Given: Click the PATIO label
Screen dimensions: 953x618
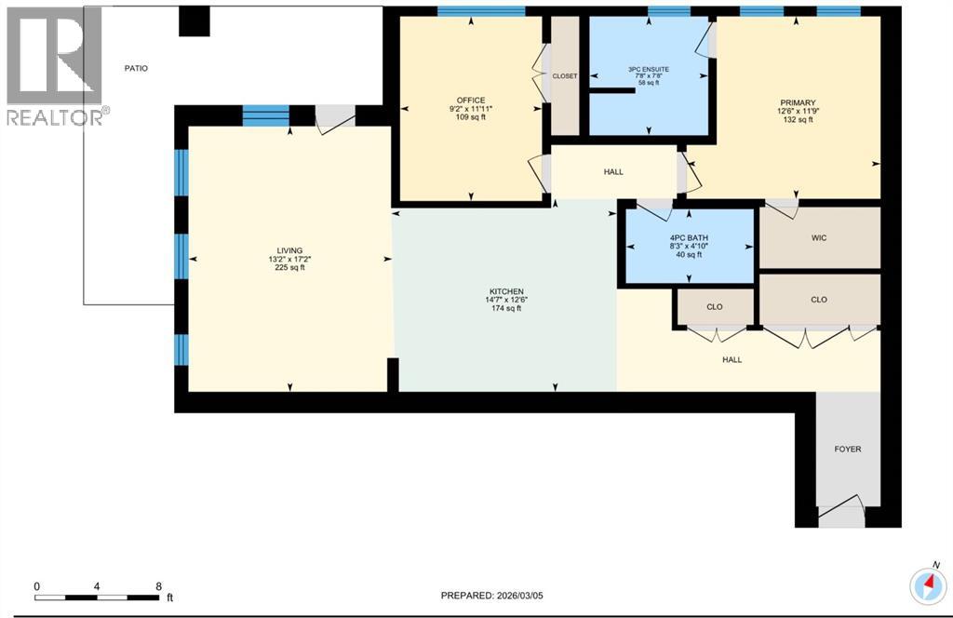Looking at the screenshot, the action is [x=136, y=68].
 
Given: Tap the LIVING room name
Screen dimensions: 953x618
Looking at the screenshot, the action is [x=290, y=250].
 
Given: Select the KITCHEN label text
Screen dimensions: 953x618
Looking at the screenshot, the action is [x=506, y=291].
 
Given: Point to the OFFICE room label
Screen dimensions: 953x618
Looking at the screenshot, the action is [x=471, y=101].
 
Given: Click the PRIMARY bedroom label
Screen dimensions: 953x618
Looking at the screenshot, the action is [x=798, y=102].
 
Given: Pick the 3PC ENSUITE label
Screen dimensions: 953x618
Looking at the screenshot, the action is [x=649, y=69].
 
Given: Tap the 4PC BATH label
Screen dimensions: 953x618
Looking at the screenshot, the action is [x=690, y=238].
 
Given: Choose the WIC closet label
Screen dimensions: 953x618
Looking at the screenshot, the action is [x=819, y=237].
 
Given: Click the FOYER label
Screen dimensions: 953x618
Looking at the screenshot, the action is [x=847, y=449].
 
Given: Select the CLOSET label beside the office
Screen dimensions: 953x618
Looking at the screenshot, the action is [x=565, y=76].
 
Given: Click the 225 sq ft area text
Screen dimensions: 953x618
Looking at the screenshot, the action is [x=290, y=267].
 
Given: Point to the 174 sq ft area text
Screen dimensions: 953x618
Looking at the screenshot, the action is [x=506, y=309].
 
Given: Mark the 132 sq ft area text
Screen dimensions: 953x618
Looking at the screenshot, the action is [x=798, y=120].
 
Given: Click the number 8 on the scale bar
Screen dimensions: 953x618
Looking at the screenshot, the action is [x=158, y=586].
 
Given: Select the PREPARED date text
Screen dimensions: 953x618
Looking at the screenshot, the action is [x=491, y=596].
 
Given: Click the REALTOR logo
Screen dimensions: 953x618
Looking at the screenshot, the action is [x=54, y=66].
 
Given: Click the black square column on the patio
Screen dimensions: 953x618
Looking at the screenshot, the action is [x=194, y=21].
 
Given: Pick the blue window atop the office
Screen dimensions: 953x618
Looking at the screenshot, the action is [x=481, y=11].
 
